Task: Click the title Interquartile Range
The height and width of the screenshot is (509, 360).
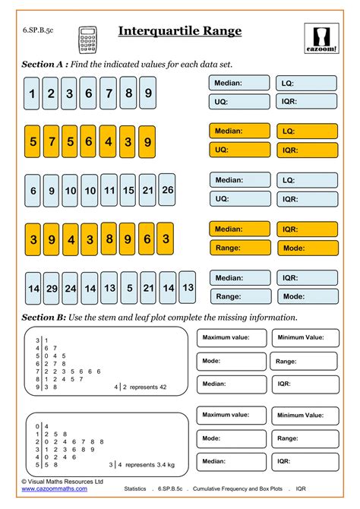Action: pos(180,31)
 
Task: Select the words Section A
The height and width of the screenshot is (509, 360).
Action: pos(43,65)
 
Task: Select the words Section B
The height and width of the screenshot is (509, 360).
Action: pos(43,317)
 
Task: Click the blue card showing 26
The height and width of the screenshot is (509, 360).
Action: pos(166,190)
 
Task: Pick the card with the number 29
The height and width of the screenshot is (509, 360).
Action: pos(51,289)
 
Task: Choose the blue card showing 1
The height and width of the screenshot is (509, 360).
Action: pos(32,93)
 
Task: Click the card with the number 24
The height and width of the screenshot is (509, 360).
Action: pos(70,289)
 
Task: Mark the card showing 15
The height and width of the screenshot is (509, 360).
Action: pos(128,191)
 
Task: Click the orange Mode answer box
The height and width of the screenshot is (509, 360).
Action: pos(307,248)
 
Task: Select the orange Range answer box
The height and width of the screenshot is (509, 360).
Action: pos(240,248)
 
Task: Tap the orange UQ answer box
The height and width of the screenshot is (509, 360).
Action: pos(240,150)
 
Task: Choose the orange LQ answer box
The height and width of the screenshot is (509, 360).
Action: pos(307,131)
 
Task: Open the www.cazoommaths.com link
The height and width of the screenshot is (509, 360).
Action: pos(54,489)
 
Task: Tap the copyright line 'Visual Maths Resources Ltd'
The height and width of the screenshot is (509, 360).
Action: pos(65,482)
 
